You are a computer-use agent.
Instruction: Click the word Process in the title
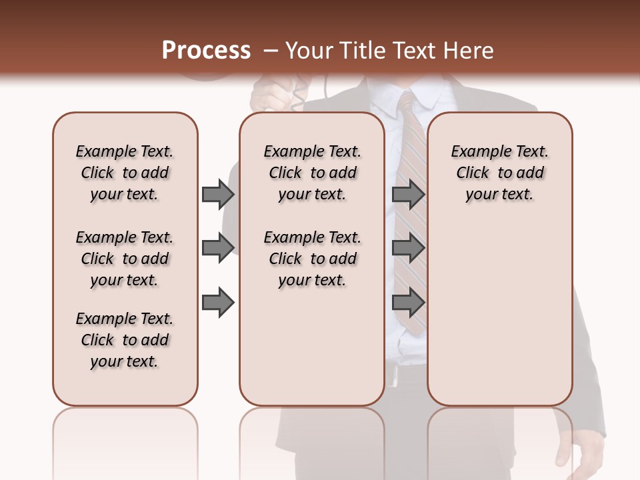[x=206, y=50]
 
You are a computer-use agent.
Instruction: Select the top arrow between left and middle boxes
[x=218, y=194]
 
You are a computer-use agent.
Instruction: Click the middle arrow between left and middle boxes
[x=218, y=248]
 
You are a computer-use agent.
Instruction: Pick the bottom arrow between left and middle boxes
[x=218, y=303]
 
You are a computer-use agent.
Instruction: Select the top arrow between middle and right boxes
[x=408, y=194]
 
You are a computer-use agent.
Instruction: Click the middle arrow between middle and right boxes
[x=408, y=248]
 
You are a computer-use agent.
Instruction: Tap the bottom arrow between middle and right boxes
[x=408, y=303]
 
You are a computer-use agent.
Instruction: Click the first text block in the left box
[x=125, y=173]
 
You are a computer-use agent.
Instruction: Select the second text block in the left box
[x=125, y=259]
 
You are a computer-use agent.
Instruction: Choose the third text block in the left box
[x=125, y=340]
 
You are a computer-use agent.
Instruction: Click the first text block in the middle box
[x=312, y=173]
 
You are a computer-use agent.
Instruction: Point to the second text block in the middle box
[x=312, y=259]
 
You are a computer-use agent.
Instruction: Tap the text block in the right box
[x=499, y=173]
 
